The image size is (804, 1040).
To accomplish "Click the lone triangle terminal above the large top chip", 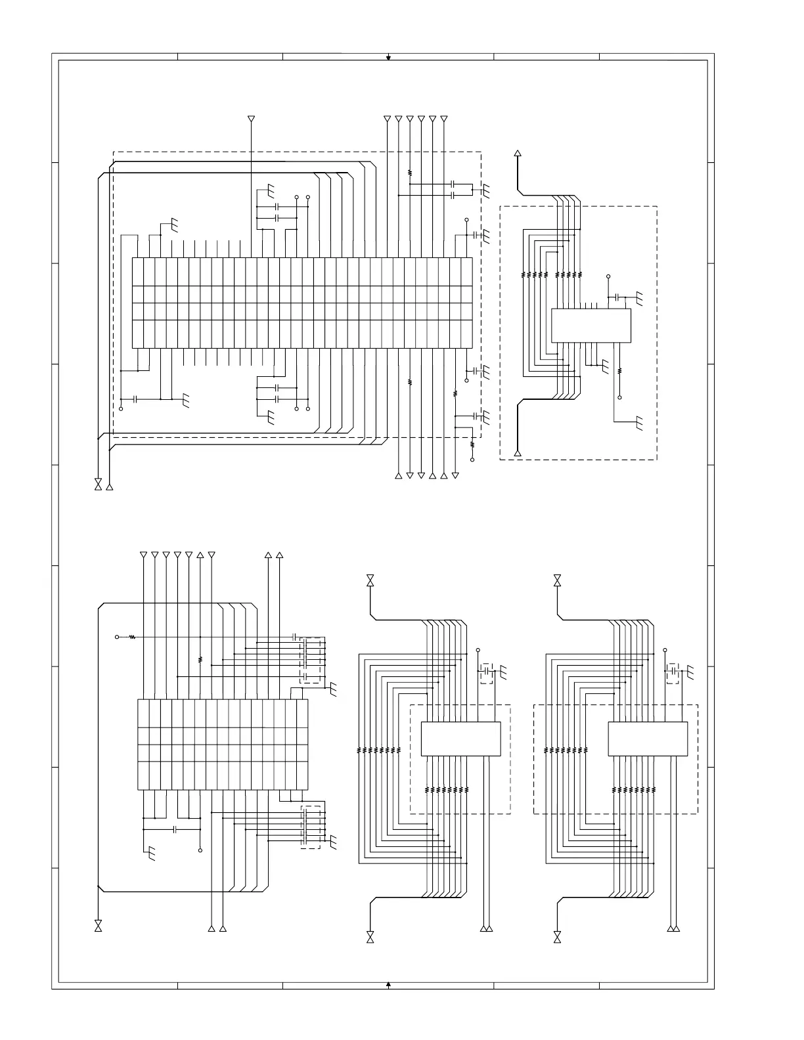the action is (x=250, y=119).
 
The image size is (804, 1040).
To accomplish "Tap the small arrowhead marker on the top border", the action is (x=388, y=58).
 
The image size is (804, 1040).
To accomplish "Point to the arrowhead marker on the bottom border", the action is (x=388, y=984).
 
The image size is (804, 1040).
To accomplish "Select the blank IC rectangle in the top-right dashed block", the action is (x=591, y=325).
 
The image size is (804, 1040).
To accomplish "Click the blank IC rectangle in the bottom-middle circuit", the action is (x=460, y=739).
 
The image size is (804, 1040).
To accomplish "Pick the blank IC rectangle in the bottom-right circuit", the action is (x=648, y=739).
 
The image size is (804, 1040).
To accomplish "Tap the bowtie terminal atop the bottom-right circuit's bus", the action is (x=557, y=580).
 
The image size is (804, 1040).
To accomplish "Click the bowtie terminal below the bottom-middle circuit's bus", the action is (x=370, y=936).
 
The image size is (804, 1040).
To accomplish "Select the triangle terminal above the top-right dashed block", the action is (x=518, y=154).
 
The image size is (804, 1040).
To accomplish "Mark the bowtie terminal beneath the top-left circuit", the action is (x=99, y=485).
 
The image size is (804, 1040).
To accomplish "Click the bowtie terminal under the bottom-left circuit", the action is (x=99, y=926).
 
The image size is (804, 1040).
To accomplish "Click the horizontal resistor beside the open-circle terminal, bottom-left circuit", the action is (x=132, y=637).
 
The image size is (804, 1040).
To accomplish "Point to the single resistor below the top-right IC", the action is (x=619, y=371).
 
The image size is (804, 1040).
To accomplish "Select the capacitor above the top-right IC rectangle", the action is (x=617, y=297).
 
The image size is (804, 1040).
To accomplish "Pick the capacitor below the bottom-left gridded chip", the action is (x=175, y=830).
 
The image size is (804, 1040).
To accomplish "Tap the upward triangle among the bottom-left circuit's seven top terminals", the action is (x=200, y=555).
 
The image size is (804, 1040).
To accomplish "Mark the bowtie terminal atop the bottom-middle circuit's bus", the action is (x=370, y=580).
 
